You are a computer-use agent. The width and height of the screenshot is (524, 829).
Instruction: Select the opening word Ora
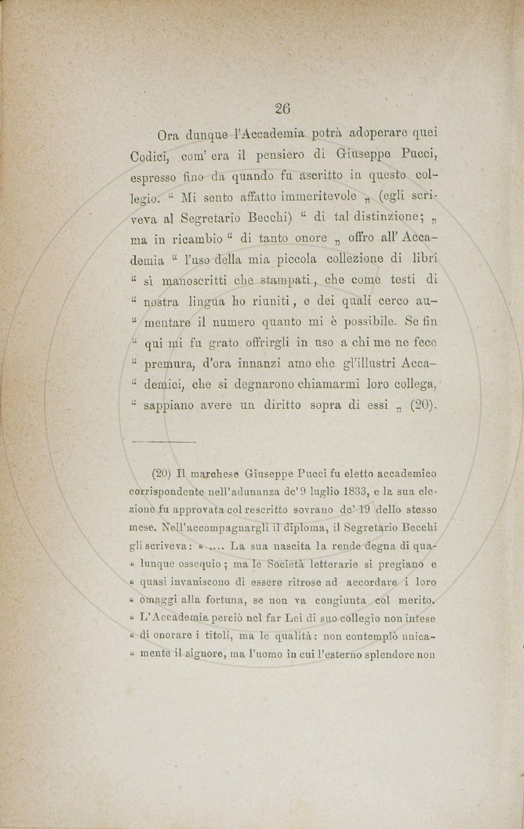[x=168, y=135]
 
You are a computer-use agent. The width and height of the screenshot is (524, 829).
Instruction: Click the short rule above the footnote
[x=164, y=442]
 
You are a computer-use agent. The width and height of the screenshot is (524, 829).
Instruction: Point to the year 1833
[x=353, y=492]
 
